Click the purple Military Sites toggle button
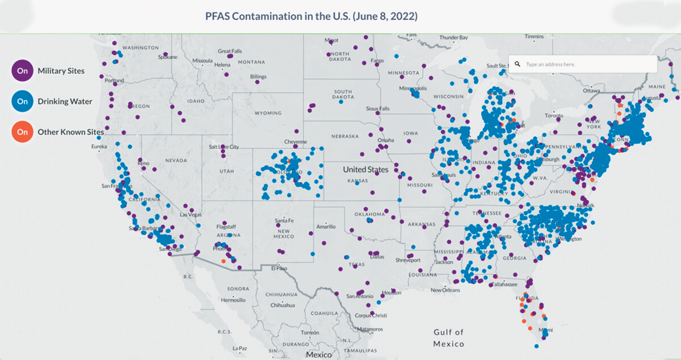22,71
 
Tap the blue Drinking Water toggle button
22,102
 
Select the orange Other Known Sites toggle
22,132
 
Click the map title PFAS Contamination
312,16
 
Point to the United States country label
365,169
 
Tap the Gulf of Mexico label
448,338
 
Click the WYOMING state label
268,113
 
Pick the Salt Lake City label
224,147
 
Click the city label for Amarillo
326,226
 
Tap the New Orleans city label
445,290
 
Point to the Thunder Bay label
453,37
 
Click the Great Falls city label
229,51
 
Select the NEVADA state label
176,161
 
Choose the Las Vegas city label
191,215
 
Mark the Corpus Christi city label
371,315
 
